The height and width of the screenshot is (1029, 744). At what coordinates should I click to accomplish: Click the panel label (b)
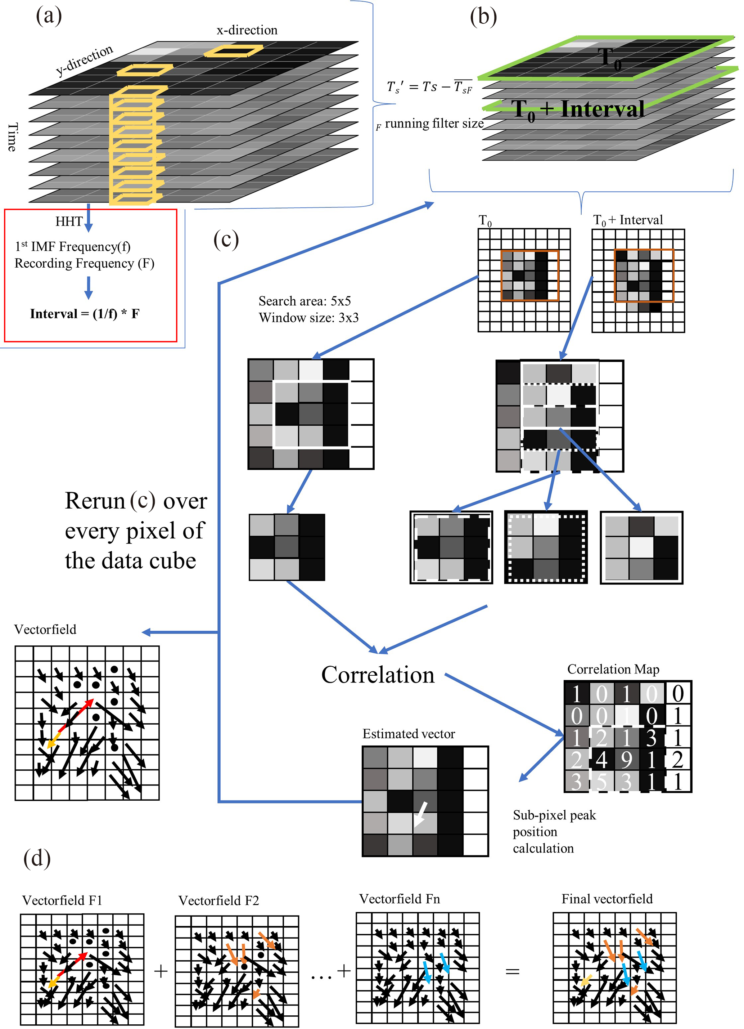(x=483, y=17)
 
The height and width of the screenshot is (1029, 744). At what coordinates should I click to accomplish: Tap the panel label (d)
(x=37, y=858)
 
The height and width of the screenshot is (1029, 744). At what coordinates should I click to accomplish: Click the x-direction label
(x=247, y=30)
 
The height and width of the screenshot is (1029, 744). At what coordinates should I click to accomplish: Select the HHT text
(x=69, y=222)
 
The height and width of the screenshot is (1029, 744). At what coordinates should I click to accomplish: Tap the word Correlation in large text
(x=378, y=675)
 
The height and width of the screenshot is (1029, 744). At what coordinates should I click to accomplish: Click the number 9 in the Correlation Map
(x=627, y=760)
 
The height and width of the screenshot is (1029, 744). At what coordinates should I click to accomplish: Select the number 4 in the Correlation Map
(x=601, y=760)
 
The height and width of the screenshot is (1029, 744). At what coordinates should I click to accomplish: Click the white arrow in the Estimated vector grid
(x=421, y=814)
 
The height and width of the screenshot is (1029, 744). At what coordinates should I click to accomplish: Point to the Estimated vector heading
(x=409, y=734)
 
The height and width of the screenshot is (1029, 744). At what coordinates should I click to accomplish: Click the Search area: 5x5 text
(x=305, y=301)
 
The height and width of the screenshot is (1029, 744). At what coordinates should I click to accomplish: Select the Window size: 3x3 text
(x=309, y=318)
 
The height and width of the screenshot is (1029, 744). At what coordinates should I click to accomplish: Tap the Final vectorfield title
(x=607, y=899)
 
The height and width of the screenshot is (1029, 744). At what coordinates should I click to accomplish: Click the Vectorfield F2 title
(x=218, y=900)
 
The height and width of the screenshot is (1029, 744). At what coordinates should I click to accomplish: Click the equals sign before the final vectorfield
(x=512, y=971)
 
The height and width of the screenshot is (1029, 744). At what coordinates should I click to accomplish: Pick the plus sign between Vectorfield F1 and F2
(x=161, y=971)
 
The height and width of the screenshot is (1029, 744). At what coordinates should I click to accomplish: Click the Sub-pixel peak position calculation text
(x=554, y=832)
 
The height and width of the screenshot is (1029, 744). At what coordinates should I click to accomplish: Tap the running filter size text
(x=434, y=124)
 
